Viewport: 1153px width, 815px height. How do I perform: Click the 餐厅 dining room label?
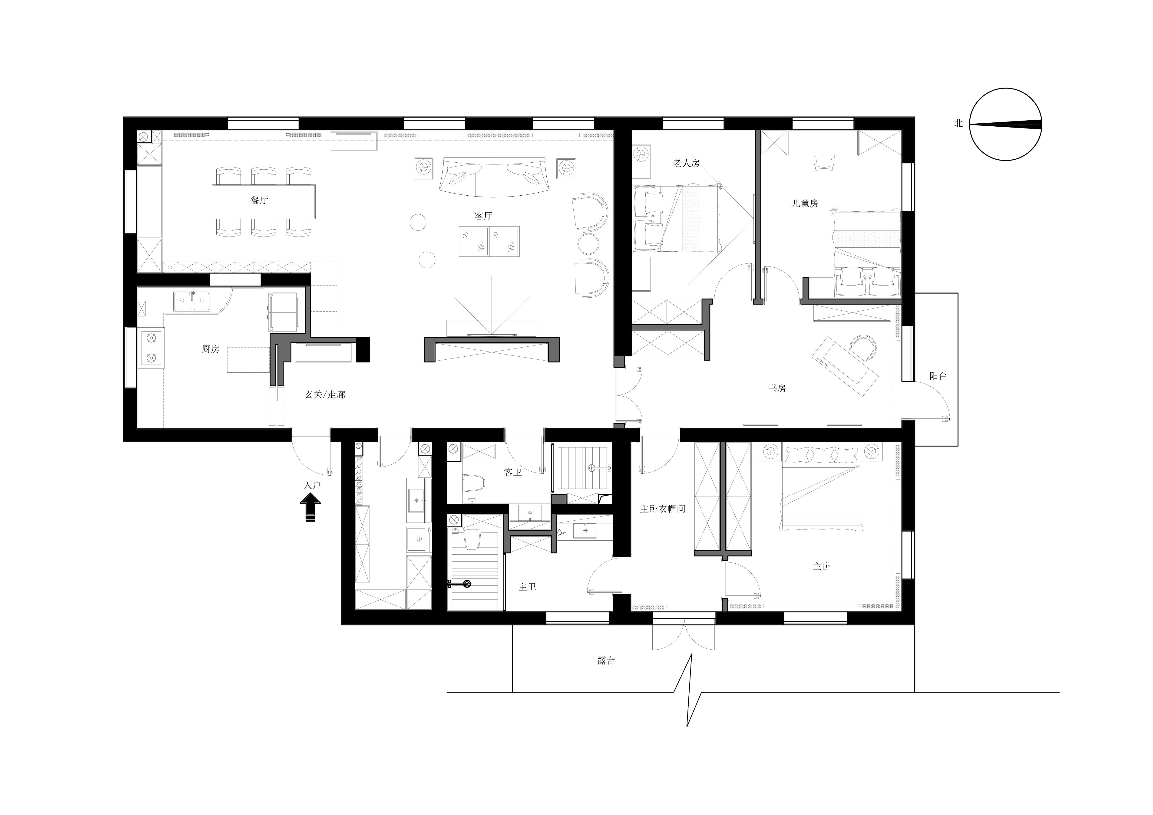click(x=259, y=200)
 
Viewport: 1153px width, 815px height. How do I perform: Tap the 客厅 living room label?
click(x=484, y=216)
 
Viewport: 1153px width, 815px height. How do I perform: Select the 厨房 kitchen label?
click(x=210, y=349)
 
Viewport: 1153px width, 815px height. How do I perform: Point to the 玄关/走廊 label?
click(x=325, y=394)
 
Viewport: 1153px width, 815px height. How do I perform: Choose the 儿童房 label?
click(x=805, y=203)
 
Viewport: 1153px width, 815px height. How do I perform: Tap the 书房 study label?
click(x=777, y=388)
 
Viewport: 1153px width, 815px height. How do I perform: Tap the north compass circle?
click(x=1006, y=88)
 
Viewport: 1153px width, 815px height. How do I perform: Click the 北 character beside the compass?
click(x=959, y=123)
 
